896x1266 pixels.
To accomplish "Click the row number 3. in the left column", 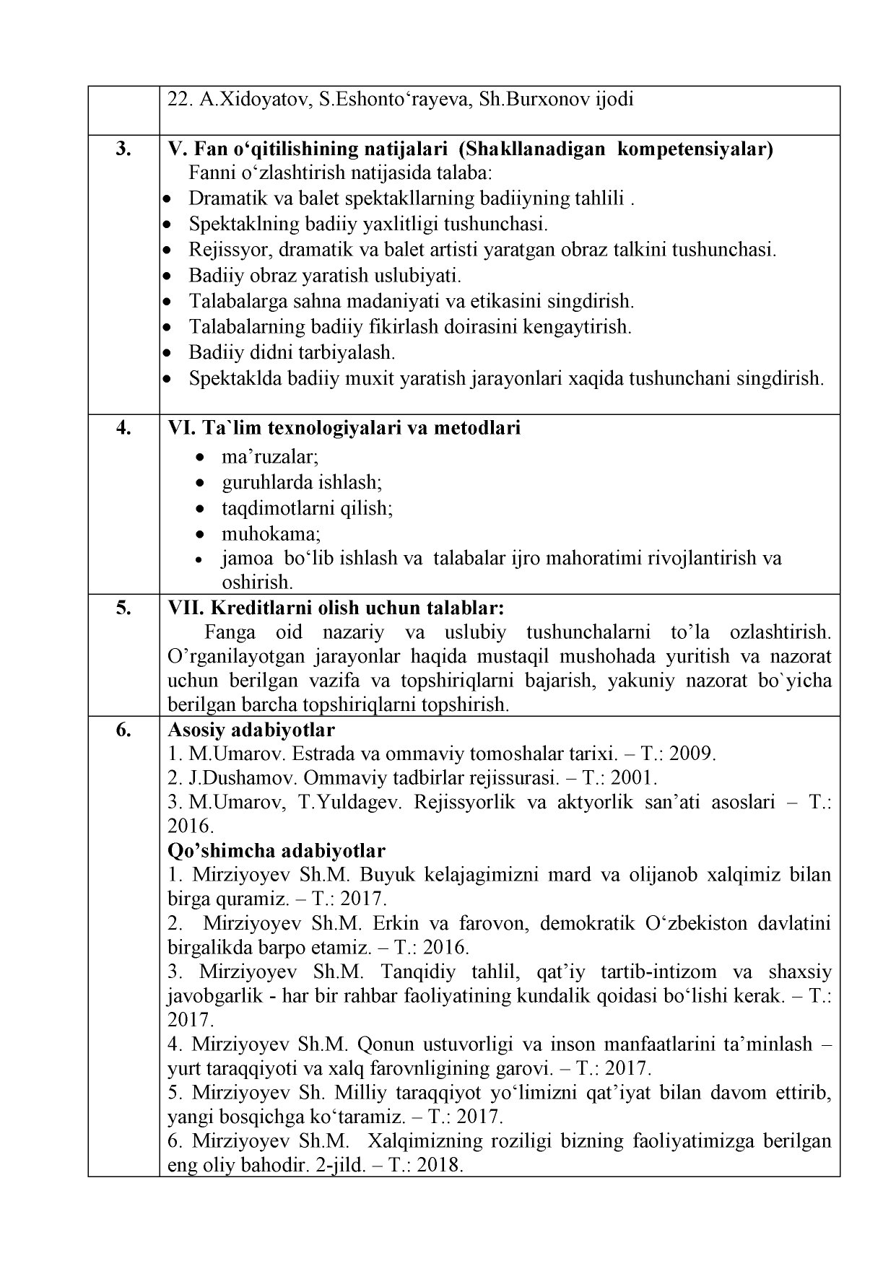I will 123,149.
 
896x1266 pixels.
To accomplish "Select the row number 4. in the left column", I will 123,428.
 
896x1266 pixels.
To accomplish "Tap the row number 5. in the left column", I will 123,607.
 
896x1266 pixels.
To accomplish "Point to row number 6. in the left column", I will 123,730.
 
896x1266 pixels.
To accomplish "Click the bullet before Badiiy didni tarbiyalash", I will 168,354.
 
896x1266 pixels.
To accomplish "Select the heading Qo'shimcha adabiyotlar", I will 276,850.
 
